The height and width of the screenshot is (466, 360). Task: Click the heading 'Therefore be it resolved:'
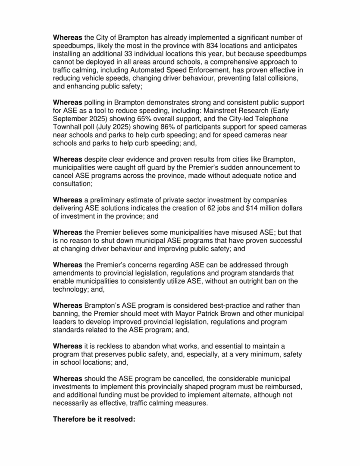(94, 419)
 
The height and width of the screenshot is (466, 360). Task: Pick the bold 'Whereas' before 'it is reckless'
(67, 346)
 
